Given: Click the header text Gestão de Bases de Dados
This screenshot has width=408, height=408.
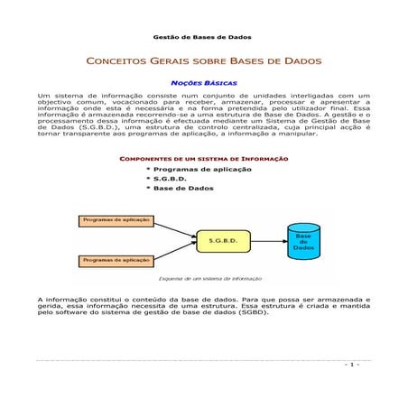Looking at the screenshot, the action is click(x=203, y=37).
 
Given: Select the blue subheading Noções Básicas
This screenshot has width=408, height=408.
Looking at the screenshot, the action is click(x=204, y=82).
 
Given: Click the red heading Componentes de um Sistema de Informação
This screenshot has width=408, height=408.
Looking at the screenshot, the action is click(x=203, y=160).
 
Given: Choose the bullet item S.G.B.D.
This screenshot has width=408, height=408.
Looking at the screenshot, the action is click(x=173, y=180).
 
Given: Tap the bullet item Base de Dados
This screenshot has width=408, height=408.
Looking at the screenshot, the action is click(x=183, y=190).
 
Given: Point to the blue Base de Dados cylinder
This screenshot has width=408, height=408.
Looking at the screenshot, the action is click(x=303, y=240).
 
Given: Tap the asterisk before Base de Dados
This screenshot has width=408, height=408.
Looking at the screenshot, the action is click(x=147, y=190).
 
